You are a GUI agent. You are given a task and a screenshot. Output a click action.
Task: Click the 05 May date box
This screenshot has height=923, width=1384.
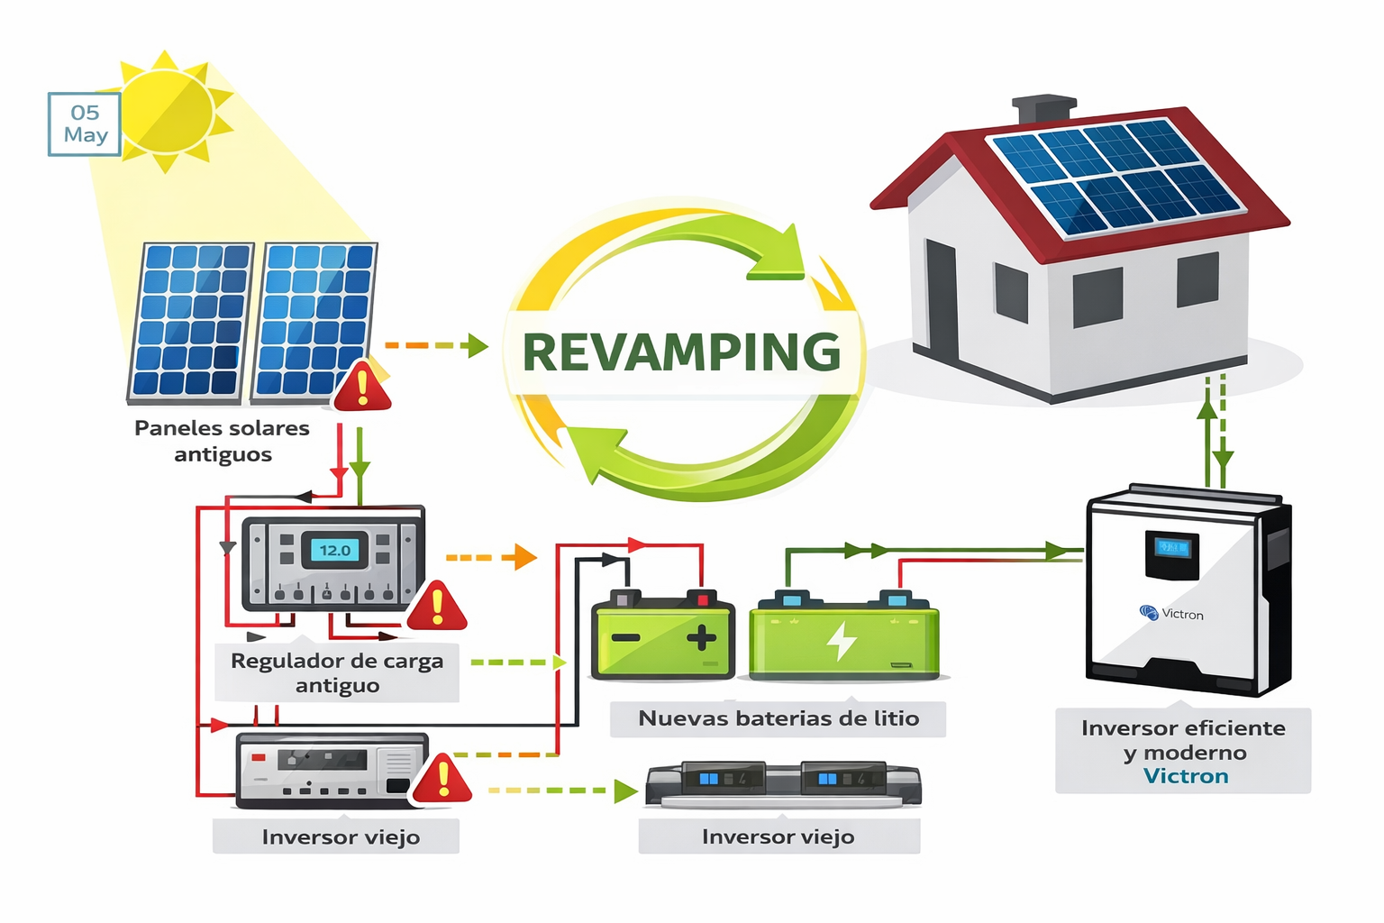[x=85, y=124]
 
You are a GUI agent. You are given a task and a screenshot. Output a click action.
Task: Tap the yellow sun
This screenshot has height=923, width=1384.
[x=167, y=112]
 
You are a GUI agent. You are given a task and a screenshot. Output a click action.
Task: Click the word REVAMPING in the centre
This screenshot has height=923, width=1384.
[x=681, y=352]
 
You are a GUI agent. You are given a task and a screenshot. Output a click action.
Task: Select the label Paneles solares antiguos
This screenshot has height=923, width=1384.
[x=222, y=441]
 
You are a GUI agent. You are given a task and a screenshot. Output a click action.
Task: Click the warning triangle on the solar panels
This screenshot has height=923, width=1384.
[x=362, y=388]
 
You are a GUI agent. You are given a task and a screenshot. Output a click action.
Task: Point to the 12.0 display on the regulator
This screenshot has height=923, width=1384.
[x=335, y=550]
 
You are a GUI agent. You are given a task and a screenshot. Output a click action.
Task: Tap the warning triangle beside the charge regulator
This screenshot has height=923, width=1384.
[x=437, y=607]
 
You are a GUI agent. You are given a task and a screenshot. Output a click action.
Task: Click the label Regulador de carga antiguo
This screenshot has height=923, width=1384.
[x=337, y=672]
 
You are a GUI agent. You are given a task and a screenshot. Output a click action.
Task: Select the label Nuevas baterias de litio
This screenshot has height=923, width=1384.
[x=778, y=718]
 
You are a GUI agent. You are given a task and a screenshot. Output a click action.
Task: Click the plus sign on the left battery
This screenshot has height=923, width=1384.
[x=701, y=638]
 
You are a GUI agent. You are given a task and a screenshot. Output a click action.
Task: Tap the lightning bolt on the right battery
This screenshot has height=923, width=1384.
[x=842, y=640]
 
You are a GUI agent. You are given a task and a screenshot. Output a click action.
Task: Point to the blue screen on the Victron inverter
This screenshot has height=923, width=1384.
[x=1172, y=547]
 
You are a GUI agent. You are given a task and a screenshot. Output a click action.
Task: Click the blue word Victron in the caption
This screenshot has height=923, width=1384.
[x=1186, y=776]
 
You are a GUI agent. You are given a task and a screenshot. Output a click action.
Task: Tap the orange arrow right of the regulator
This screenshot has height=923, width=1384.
[x=519, y=557]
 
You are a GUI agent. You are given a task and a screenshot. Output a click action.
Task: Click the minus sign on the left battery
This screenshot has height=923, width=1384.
[x=625, y=638]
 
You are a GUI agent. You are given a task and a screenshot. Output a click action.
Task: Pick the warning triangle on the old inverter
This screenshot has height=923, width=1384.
[x=442, y=780]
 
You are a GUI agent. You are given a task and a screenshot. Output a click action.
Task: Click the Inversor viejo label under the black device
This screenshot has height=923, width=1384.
[x=778, y=837]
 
